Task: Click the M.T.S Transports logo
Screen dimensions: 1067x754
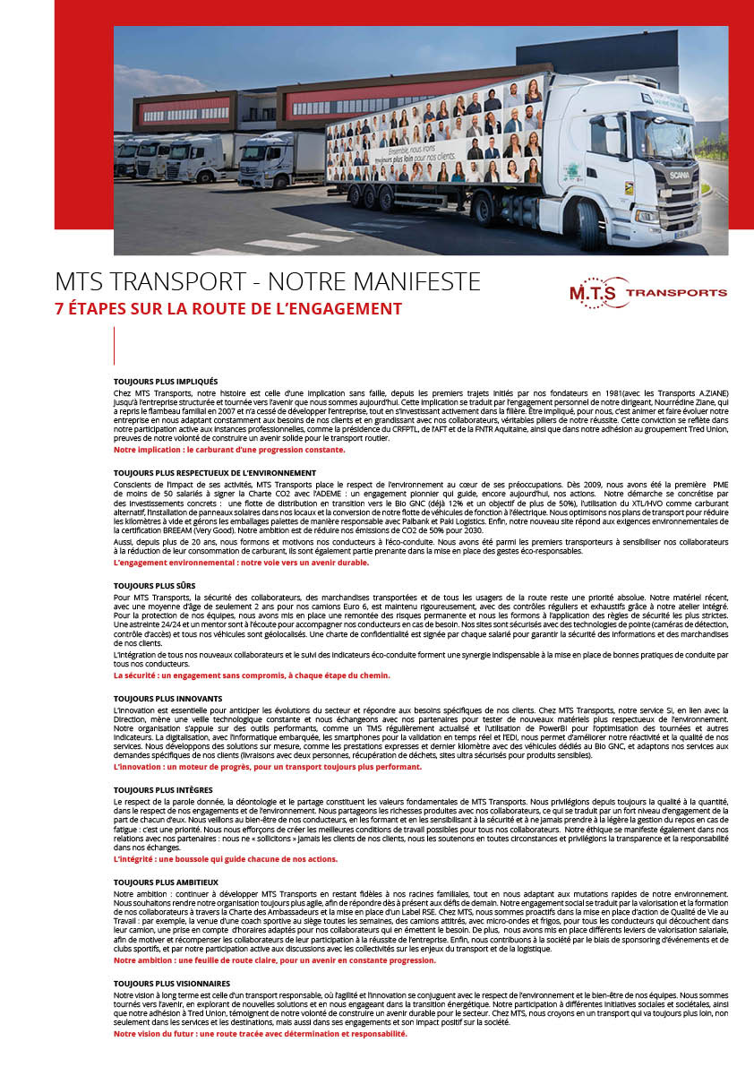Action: (647, 292)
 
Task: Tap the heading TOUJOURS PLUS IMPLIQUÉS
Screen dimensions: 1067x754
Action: (166, 381)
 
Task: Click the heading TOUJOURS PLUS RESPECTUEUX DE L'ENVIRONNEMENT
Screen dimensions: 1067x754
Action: (215, 472)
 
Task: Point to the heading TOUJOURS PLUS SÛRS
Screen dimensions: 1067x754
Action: (155, 584)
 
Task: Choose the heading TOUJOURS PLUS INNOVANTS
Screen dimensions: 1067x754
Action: (167, 698)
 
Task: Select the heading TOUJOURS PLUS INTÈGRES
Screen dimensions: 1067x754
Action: (163, 789)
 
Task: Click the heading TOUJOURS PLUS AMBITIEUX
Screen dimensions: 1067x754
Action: (166, 882)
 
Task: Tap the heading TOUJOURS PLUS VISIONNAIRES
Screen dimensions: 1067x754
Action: (172, 984)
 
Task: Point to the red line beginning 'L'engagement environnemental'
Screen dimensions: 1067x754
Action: (241, 563)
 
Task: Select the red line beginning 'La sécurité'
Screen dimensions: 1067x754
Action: (252, 675)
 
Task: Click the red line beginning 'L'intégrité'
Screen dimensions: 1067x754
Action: (226, 859)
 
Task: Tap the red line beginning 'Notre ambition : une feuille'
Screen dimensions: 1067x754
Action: (275, 960)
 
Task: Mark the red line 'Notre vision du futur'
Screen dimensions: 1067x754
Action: (260, 1033)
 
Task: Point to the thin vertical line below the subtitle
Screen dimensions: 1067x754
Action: (115, 345)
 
